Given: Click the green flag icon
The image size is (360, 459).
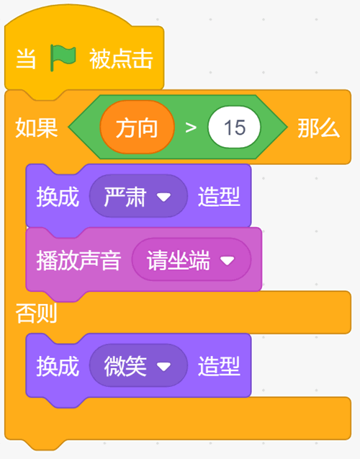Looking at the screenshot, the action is click(x=63, y=58).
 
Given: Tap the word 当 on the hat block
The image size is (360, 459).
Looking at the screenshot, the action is click(x=26, y=59).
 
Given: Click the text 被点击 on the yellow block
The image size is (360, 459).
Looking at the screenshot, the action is click(x=121, y=59).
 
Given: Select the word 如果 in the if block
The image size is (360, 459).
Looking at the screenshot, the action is click(x=37, y=128).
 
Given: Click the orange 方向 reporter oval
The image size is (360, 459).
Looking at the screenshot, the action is click(x=137, y=128).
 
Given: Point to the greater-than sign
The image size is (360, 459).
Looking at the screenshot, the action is click(x=191, y=128).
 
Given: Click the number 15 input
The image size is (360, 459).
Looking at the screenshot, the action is click(x=234, y=128).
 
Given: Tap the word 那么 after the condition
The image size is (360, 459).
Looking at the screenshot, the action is click(x=319, y=128).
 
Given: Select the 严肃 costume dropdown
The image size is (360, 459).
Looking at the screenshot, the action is click(x=138, y=196).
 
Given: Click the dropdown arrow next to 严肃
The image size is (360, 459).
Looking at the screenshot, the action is click(x=163, y=197).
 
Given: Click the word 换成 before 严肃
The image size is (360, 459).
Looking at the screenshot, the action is click(x=58, y=197).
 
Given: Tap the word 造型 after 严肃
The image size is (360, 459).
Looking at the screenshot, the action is click(x=220, y=197).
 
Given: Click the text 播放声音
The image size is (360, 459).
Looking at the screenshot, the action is click(x=78, y=260).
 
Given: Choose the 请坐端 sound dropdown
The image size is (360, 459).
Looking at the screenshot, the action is click(x=192, y=259).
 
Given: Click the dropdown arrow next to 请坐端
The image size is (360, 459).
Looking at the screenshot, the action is click(x=228, y=261).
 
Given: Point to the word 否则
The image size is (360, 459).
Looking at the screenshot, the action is click(x=36, y=313).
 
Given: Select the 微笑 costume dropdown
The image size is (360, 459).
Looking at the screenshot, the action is click(x=138, y=365).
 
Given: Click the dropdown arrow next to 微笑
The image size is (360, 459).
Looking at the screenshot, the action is click(x=163, y=367).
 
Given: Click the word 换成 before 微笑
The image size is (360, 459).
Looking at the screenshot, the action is click(x=58, y=366).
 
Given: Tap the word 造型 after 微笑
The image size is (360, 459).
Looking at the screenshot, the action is click(x=220, y=366).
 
